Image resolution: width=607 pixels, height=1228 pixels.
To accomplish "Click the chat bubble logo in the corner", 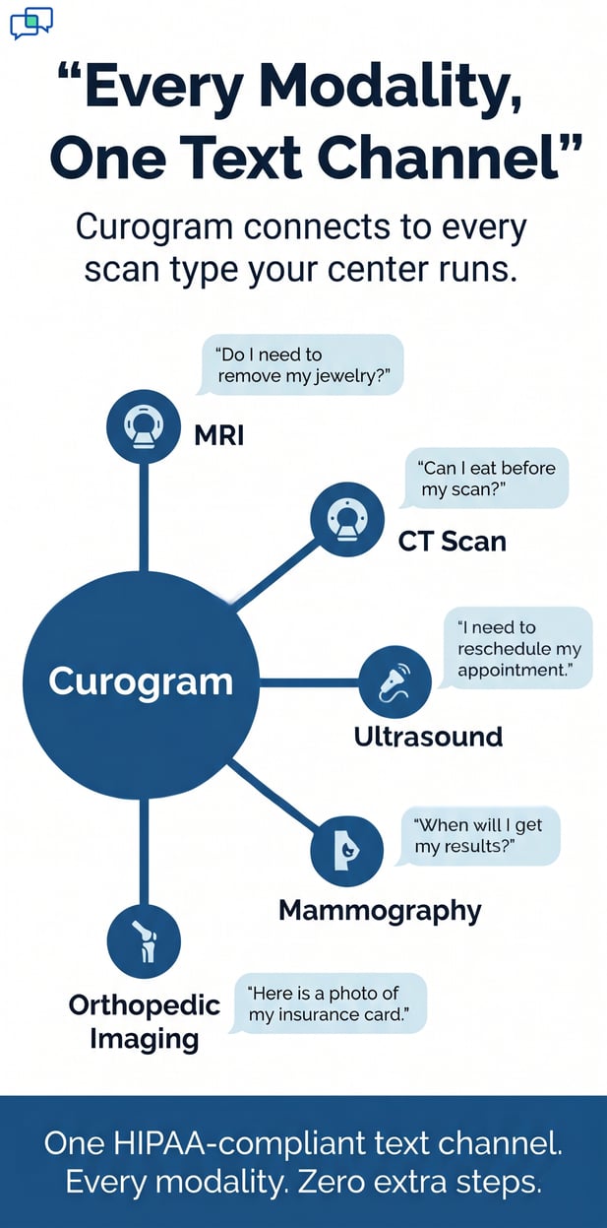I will click(30, 22).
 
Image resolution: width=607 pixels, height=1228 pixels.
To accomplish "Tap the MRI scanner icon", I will click(144, 426).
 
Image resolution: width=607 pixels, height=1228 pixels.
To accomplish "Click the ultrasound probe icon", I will click(395, 681).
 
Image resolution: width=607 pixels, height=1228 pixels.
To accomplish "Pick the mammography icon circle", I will click(347, 851).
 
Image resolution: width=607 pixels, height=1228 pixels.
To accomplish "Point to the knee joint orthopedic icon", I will click(144, 941).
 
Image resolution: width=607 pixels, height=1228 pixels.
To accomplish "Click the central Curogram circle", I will click(141, 681).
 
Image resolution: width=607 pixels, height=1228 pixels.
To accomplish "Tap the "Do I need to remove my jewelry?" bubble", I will click(302, 365).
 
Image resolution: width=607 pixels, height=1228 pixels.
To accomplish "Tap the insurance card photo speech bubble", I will click(329, 1003).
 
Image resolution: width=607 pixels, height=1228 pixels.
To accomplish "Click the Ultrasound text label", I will click(428, 737).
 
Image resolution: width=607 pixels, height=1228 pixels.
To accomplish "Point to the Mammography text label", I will click(380, 910).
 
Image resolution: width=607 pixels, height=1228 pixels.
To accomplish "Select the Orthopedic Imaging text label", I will click(144, 1021).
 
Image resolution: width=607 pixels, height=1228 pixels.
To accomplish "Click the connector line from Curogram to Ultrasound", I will click(308, 681).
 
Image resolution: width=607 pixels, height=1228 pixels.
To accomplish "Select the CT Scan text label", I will click(452, 541).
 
